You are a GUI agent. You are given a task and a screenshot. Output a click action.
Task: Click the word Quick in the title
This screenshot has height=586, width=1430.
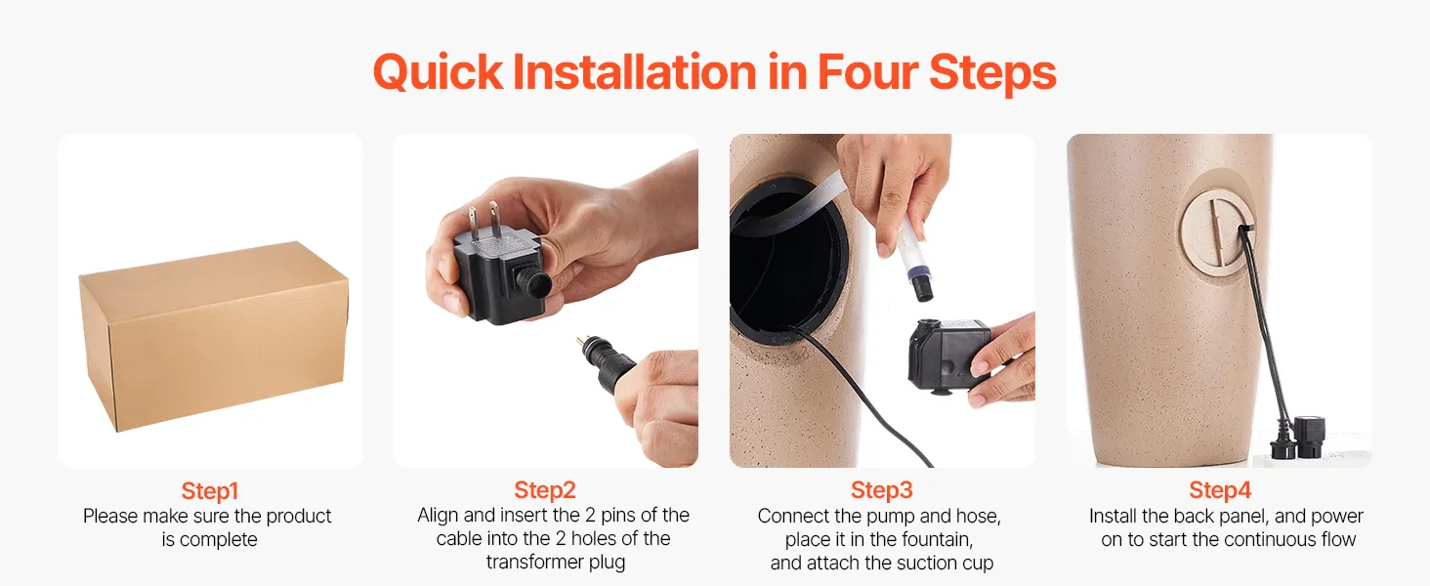[x=438, y=73]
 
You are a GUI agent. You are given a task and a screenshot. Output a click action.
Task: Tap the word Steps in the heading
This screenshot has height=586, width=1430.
[x=992, y=73]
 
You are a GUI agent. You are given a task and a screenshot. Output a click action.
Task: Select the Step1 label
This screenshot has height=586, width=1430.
[x=209, y=491]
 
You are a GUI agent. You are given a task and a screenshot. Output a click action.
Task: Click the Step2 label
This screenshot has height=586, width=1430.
[x=544, y=490]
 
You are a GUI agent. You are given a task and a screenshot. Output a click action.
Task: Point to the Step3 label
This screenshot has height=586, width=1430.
[x=882, y=490]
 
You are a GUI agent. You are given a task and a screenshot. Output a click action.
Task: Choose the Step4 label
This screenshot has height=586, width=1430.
[x=1219, y=490]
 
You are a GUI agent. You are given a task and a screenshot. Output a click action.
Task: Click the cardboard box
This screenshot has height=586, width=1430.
[x=214, y=336]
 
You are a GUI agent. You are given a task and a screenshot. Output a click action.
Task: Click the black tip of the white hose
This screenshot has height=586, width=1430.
[x=923, y=288]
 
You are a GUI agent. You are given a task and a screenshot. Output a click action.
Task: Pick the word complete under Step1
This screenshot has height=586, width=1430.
[x=219, y=540]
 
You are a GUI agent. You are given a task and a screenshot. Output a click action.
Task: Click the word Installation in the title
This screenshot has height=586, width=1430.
[x=635, y=73]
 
